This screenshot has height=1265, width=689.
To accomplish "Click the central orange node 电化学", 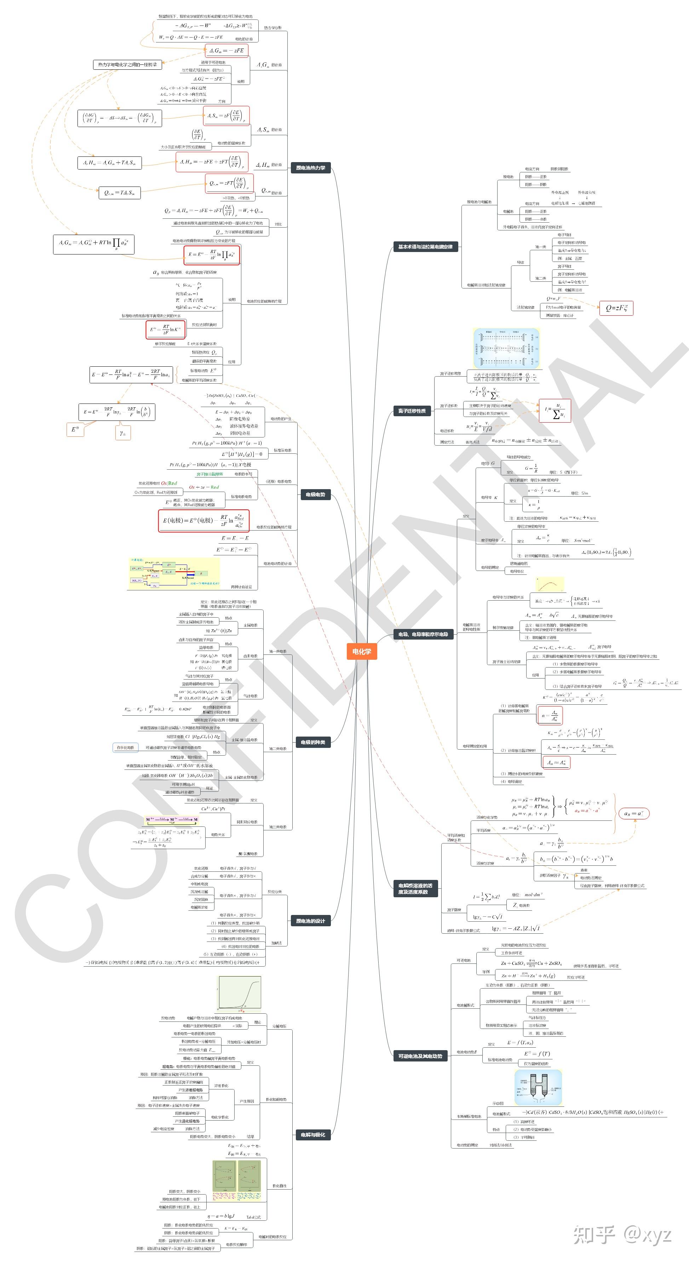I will [x=361, y=651].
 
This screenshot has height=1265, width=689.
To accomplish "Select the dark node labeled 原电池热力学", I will [x=310, y=168].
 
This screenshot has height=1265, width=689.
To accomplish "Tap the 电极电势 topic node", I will [x=315, y=494].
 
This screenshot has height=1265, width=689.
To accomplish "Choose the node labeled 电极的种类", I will [x=313, y=742].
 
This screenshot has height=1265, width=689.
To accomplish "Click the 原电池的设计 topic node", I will [x=310, y=921].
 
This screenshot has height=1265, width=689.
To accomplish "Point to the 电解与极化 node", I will [x=313, y=1134].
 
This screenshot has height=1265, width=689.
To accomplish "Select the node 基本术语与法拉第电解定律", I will [x=425, y=246].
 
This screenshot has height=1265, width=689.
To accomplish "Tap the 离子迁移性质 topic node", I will [x=412, y=411].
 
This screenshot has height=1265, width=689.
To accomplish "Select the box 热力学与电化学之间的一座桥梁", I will [x=127, y=64].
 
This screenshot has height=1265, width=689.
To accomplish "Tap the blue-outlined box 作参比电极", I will [x=125, y=748].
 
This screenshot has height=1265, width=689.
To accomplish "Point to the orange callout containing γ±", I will [x=123, y=433].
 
